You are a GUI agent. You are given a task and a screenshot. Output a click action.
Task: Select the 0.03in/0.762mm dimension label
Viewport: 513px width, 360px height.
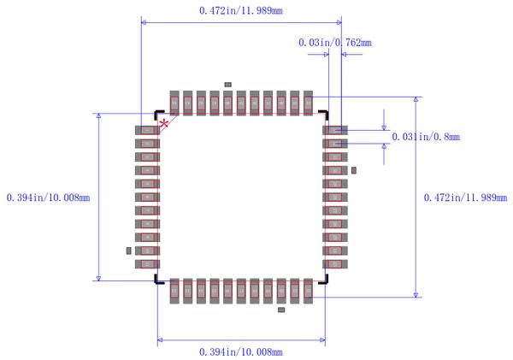[334, 42]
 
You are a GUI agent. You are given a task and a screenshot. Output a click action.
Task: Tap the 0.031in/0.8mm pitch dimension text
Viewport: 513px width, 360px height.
[426, 137]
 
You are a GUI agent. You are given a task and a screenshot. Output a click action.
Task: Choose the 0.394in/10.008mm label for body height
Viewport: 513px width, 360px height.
[48, 198]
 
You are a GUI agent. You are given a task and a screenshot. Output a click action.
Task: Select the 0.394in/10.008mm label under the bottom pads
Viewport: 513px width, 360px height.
[240, 351]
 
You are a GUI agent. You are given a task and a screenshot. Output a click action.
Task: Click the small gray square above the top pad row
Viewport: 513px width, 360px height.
[227, 84]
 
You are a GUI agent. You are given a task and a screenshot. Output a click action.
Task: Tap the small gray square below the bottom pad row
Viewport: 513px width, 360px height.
[282, 310]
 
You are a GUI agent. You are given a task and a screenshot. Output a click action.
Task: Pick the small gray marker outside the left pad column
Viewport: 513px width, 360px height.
[129, 251]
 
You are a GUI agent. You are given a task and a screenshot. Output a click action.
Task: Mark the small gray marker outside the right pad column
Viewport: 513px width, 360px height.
[354, 171]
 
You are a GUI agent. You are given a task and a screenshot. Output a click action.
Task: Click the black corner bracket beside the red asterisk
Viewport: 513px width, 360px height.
[158, 114]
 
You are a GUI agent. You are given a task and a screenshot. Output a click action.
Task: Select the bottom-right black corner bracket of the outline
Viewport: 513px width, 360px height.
[323, 280]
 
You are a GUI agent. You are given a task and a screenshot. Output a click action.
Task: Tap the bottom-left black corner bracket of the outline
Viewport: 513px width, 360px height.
[158, 280]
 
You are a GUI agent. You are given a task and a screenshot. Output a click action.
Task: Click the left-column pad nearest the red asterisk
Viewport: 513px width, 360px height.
[147, 130]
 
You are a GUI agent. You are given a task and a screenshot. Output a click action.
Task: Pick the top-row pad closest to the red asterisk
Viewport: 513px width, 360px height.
[174, 103]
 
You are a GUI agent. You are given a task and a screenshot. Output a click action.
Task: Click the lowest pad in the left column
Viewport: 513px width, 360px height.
[147, 264]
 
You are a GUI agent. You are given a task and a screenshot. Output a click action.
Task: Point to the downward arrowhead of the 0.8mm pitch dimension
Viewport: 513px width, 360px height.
[383, 126]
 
